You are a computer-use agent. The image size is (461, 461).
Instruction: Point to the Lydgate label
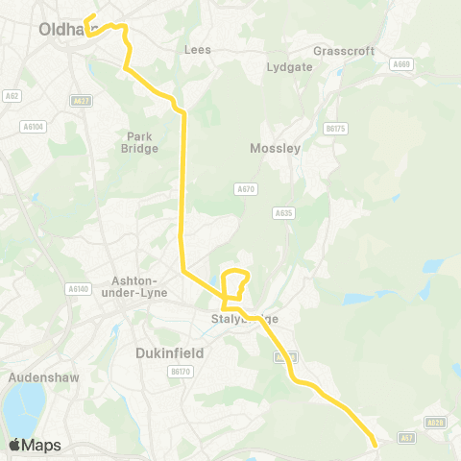click(x=290, y=68)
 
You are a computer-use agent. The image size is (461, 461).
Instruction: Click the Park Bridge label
click(x=140, y=142)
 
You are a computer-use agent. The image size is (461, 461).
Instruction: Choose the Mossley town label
click(x=275, y=149)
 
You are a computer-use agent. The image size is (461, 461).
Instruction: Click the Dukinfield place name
click(x=170, y=352)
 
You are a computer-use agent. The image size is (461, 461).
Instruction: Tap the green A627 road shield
click(x=82, y=100)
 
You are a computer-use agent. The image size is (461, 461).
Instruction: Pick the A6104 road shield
click(x=34, y=126)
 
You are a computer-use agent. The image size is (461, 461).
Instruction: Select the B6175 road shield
click(x=334, y=128)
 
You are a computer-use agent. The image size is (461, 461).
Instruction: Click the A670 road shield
click(x=246, y=189)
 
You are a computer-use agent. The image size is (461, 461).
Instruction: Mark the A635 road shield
click(x=282, y=213)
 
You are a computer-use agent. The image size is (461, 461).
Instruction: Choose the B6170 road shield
click(x=178, y=371)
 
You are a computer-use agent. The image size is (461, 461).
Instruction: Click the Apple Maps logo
click(x=34, y=445)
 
